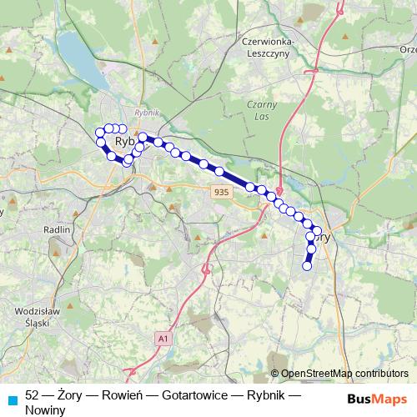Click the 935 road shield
[x=220, y=192]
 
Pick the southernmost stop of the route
[x=306, y=267]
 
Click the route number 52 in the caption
[x=33, y=393]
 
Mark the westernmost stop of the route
[x=99, y=132]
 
